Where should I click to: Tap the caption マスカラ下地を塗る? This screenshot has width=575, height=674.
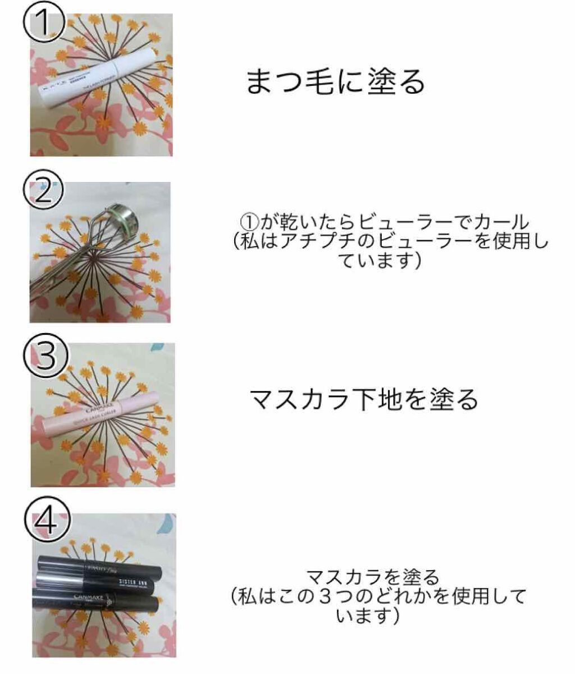pyautogui.click(x=363, y=399)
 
